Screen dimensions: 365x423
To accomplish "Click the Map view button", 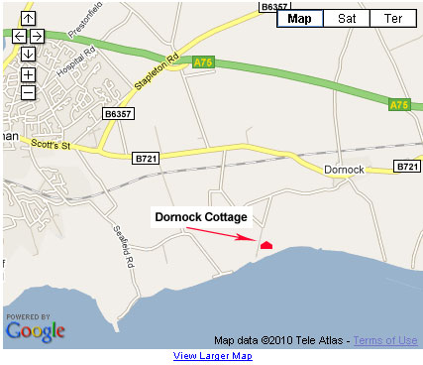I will point(300,18).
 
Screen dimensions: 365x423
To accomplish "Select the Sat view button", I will point(347,18).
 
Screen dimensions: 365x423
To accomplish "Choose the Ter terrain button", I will point(394,18).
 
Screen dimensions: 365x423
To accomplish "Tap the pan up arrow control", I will point(28,19).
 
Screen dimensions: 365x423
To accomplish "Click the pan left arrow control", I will point(19,36).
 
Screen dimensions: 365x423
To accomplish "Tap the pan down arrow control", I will point(28,54).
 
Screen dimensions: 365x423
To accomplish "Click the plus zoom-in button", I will point(28,74).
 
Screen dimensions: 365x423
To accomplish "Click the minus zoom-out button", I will point(28,92).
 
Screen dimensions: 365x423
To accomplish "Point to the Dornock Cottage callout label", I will point(199,216).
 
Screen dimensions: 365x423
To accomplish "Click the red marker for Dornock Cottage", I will point(265,244).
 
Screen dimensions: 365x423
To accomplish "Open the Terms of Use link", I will point(384,340).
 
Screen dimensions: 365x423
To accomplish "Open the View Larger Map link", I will point(212,356).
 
